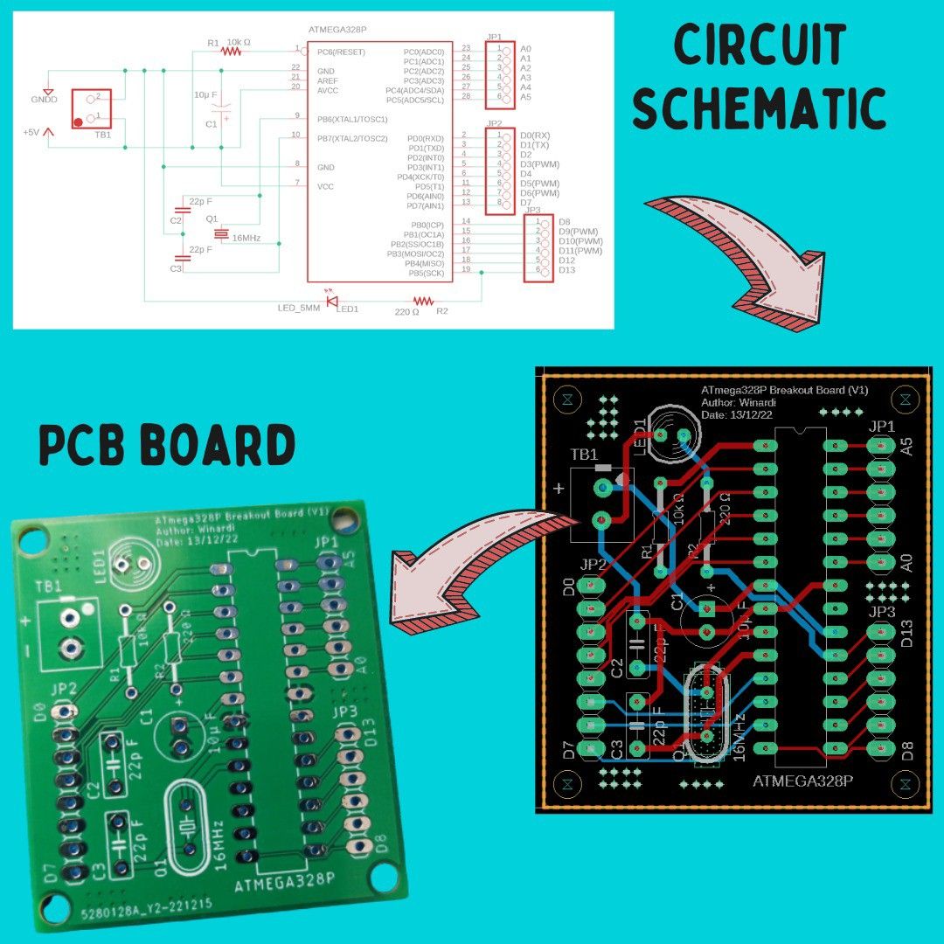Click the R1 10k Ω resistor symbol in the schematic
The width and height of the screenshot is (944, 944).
(230, 51)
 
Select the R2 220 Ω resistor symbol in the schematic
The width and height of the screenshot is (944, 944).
(417, 301)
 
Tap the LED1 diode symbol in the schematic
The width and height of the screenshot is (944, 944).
(333, 301)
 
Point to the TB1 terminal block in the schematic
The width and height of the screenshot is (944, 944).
(90, 108)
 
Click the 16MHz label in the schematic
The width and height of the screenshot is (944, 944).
(246, 238)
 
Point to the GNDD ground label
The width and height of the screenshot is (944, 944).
(44, 101)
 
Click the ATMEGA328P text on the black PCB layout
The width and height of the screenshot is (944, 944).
(802, 781)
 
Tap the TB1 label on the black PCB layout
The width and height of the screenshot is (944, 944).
(584, 455)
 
